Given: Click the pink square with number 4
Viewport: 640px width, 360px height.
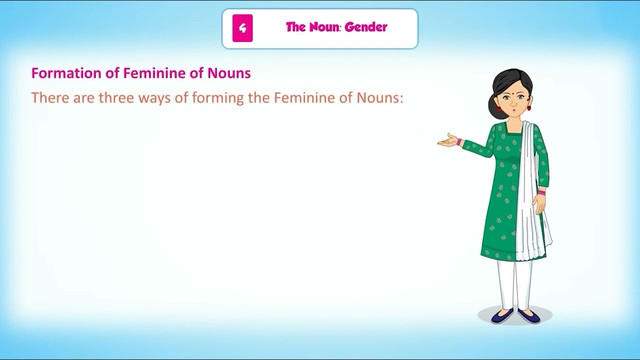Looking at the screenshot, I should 242,28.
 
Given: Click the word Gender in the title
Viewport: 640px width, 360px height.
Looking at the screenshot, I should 366,27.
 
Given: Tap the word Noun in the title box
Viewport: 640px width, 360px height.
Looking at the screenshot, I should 320,27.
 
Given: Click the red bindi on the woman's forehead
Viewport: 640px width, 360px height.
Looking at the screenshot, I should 510,93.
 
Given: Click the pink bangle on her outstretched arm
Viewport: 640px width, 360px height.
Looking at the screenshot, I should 459,142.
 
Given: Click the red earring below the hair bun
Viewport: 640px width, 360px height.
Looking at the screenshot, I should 498,108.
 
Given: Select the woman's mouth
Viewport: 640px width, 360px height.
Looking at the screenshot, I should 511,110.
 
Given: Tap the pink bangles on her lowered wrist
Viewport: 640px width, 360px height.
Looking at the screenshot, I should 541,191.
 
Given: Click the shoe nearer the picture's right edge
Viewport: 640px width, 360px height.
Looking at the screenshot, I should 529,315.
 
